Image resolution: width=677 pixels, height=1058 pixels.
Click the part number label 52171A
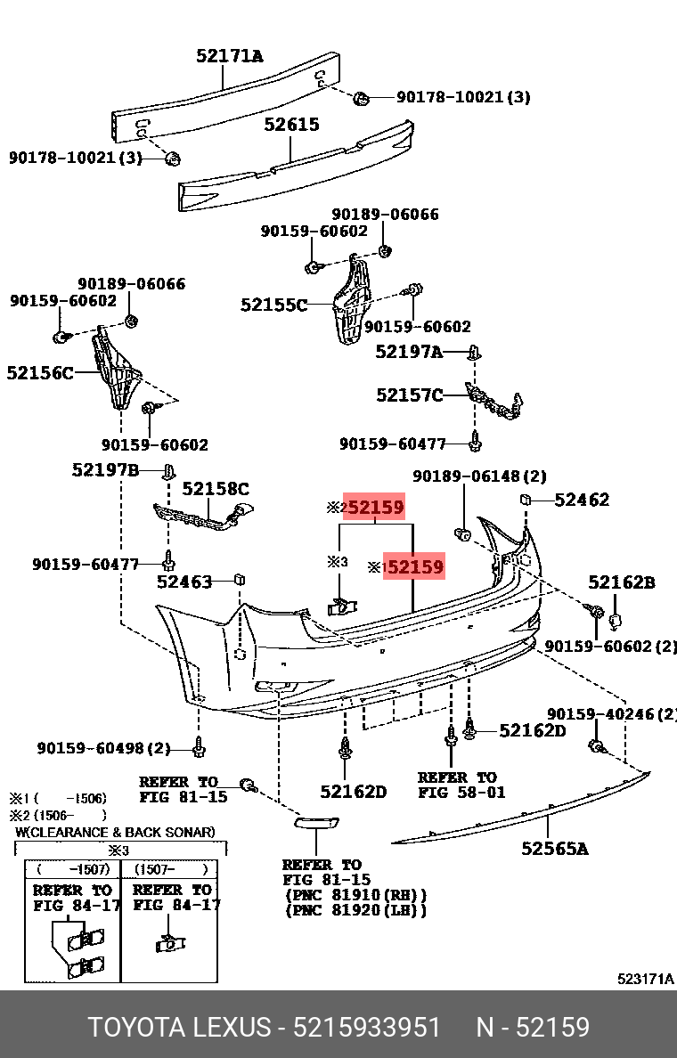(x=230, y=56)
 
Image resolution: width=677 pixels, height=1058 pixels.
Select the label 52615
(x=291, y=125)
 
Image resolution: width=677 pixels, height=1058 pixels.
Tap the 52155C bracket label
(x=273, y=305)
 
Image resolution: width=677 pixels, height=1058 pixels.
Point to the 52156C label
(x=40, y=372)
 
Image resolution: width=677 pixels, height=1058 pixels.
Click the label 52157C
(x=409, y=395)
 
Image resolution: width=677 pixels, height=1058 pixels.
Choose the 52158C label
(x=216, y=488)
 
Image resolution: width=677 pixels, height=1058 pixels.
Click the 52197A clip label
(x=409, y=352)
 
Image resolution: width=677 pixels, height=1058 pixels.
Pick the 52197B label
(x=105, y=469)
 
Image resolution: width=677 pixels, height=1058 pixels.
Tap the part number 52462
(x=582, y=500)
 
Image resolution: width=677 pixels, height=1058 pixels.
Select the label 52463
(x=184, y=582)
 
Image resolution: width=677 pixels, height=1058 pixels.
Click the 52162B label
(x=621, y=582)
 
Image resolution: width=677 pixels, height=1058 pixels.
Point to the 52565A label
(x=555, y=849)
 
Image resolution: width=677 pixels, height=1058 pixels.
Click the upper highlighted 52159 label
(x=375, y=509)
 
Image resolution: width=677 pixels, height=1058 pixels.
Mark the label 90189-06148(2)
(x=479, y=476)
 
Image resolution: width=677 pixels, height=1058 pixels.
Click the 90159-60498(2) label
(x=103, y=747)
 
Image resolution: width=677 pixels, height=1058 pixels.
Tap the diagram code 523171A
(x=646, y=979)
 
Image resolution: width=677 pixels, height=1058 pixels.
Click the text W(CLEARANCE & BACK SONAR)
(x=115, y=832)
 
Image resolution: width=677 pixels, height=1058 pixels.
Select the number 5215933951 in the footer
(x=368, y=1027)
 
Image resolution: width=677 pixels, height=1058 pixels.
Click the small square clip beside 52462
(x=526, y=500)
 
